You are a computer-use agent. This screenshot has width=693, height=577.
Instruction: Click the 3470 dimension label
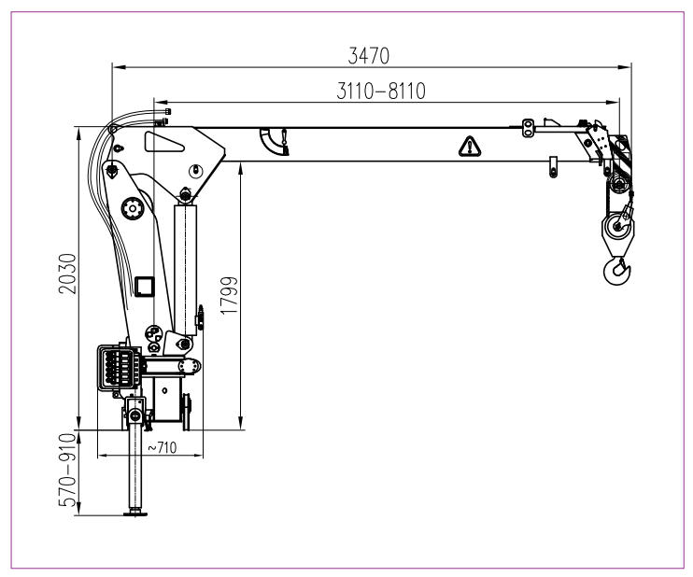(x=369, y=56)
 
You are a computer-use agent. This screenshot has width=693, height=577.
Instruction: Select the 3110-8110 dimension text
(x=381, y=91)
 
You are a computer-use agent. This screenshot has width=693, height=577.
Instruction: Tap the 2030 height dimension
(x=67, y=274)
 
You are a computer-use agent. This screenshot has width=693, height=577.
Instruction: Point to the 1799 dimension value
(x=229, y=296)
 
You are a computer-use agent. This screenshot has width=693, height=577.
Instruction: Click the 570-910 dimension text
(x=67, y=470)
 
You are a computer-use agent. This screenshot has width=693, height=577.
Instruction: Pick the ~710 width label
(x=162, y=447)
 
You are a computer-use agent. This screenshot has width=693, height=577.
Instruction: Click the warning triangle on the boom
(x=470, y=147)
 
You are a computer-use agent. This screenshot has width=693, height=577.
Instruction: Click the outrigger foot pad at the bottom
(x=135, y=513)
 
